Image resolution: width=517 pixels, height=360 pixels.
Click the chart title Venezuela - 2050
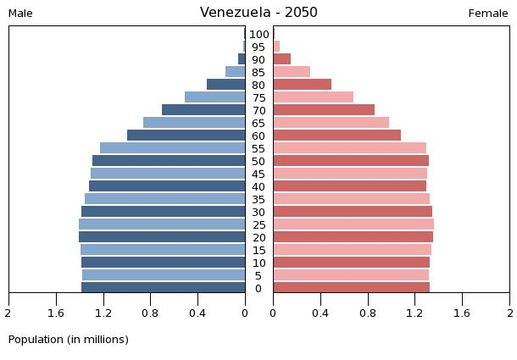(258, 13)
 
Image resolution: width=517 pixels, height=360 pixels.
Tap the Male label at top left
(21, 14)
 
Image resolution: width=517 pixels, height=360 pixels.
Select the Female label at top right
(488, 14)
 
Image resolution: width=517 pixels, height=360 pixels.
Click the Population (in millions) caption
(69, 340)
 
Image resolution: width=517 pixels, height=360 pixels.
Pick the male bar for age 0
(163, 288)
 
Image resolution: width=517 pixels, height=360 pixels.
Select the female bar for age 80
(302, 85)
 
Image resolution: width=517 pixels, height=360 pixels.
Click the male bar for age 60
(186, 136)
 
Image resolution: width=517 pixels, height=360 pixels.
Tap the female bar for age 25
(353, 224)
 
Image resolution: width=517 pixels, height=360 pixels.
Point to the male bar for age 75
(214, 97)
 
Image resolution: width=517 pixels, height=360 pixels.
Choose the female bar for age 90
(281, 59)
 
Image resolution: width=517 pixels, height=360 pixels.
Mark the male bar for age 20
(162, 237)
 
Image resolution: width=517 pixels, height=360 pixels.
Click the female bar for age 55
(349, 148)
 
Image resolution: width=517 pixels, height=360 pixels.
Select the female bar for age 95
(276, 47)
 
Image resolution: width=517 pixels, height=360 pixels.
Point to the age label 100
(259, 35)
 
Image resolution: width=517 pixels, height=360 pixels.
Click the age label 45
(258, 174)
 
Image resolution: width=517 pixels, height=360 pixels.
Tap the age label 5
(258, 276)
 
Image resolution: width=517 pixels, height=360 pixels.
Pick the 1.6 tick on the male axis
(56, 313)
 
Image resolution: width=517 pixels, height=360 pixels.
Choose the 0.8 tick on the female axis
(367, 313)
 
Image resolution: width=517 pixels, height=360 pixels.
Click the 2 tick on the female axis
(509, 313)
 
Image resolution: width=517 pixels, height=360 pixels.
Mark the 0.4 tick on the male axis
(197, 313)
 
